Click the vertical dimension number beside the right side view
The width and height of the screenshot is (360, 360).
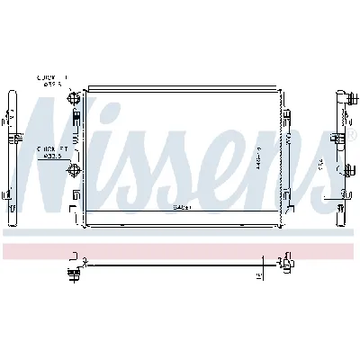pos(320,164)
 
